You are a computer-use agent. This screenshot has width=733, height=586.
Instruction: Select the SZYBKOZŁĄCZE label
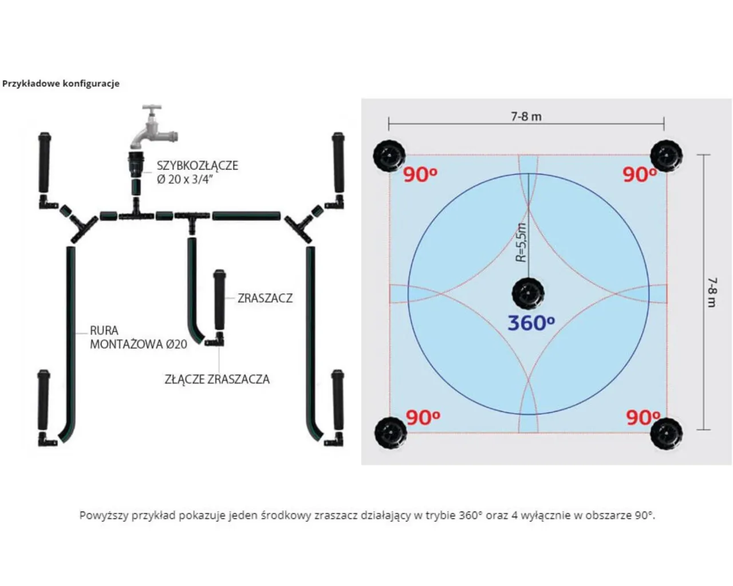[x=197, y=165]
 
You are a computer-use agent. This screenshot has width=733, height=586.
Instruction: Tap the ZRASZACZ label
[x=265, y=298]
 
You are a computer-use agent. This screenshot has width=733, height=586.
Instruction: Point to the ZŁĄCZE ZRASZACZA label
[x=217, y=379]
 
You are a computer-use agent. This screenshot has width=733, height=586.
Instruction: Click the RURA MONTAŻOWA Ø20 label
[x=138, y=338]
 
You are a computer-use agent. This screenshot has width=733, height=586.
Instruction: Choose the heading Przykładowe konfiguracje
[x=61, y=84]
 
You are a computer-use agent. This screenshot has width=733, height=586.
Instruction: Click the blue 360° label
[x=531, y=323]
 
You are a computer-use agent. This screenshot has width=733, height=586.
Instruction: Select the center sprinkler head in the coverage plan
[x=528, y=293]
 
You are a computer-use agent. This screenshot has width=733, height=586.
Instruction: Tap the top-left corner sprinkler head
[x=389, y=155]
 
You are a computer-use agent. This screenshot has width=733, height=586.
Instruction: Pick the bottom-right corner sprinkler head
[x=667, y=433]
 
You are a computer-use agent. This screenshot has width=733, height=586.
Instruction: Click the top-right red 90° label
[x=640, y=175]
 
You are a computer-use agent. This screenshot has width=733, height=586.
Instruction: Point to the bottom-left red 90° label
[x=423, y=418]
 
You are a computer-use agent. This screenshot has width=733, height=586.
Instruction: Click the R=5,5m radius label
[x=522, y=242]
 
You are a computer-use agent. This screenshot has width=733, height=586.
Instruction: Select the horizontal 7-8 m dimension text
[x=526, y=117]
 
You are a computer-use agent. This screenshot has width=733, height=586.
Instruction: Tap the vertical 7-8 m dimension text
[x=711, y=292]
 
